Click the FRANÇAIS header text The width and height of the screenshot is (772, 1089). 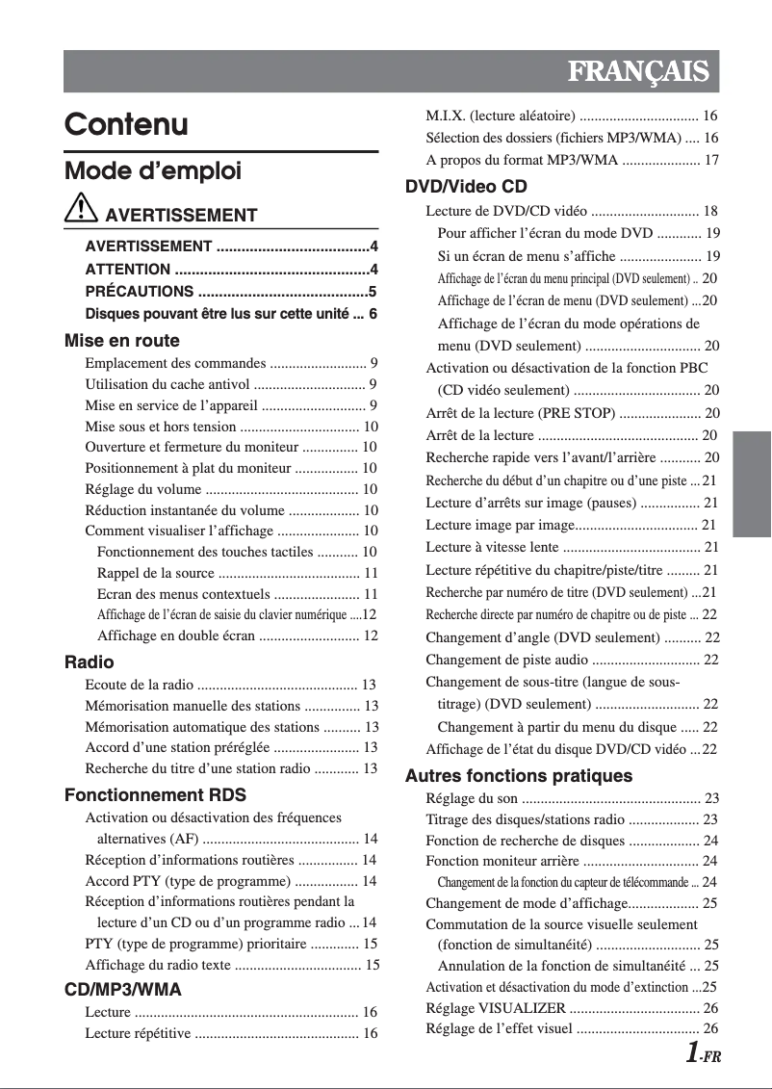638,72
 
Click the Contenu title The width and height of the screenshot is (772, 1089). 126,125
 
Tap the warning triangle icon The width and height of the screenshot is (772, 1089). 82,210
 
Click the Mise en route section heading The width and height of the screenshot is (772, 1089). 121,341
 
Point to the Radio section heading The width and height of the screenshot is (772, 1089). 89,662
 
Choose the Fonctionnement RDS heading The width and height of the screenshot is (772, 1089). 155,795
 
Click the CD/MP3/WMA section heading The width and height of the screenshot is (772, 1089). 122,990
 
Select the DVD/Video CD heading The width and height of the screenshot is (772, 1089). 466,187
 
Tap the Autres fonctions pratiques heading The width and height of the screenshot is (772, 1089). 519,776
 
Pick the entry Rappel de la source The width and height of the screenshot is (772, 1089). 155,573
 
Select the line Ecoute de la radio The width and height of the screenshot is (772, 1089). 140,685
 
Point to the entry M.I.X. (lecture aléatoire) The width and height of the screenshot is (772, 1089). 501,116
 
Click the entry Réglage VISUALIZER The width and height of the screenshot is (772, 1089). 496,1008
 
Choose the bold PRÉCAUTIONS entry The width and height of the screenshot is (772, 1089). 139,291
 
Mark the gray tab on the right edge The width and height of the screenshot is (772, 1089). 752,483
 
